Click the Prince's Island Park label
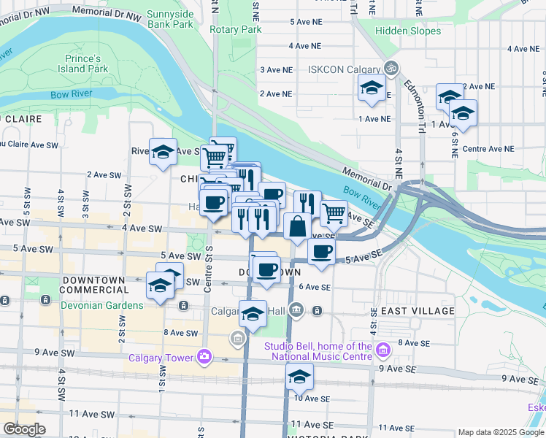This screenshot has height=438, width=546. [x=83, y=64]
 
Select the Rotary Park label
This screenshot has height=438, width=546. [x=235, y=30]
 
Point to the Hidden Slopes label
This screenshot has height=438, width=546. [x=409, y=31]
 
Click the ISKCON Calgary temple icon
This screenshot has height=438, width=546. [x=392, y=69]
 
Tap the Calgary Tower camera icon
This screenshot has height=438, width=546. [x=205, y=357]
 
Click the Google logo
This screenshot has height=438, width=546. [x=25, y=429]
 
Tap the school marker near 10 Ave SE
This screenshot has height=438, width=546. [x=299, y=377]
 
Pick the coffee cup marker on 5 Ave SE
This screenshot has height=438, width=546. [x=320, y=253]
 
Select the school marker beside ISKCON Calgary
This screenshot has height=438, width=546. [x=372, y=88]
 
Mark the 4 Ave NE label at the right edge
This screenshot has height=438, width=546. [x=530, y=48]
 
